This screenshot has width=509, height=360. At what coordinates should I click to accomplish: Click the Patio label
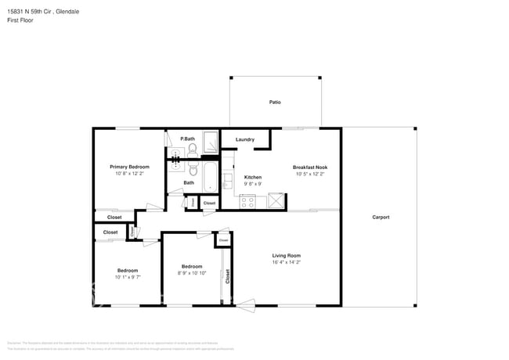(275, 103)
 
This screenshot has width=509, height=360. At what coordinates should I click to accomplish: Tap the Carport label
(380, 218)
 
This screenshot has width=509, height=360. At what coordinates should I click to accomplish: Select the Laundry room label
(244, 140)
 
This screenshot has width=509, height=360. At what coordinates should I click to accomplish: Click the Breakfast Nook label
(310, 167)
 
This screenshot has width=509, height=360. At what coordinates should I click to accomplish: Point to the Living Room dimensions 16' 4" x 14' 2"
(286, 264)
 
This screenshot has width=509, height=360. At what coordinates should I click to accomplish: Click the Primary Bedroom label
(129, 167)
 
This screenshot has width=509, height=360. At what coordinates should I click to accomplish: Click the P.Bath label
(187, 139)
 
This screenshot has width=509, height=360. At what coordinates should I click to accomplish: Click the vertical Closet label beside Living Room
(228, 275)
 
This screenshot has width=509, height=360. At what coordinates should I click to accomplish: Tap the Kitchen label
(252, 178)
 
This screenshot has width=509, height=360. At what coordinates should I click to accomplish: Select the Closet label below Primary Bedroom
(114, 218)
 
